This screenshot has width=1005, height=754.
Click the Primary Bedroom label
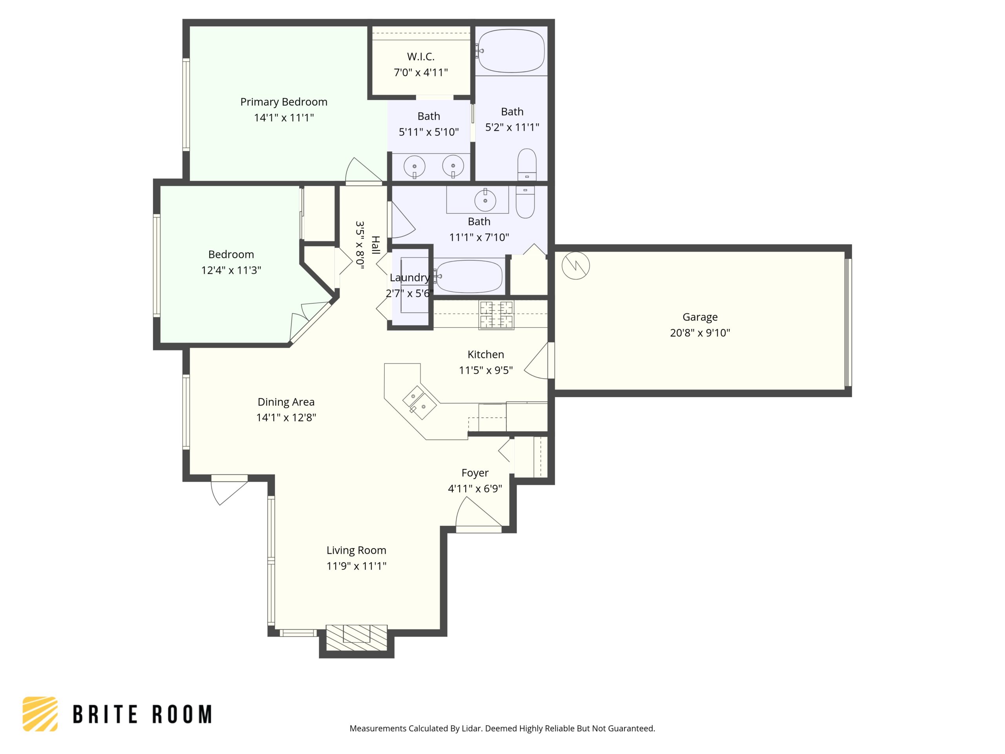[283, 102]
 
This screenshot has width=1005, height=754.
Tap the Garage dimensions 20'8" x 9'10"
[700, 333]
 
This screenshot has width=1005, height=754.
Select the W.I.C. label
[421, 57]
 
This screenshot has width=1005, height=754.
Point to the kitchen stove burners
[497, 315]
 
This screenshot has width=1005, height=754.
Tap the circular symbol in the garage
[576, 265]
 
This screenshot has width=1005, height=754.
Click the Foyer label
[475, 473]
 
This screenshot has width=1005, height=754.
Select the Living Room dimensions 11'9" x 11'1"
[356, 566]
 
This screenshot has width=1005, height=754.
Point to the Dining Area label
[286, 402]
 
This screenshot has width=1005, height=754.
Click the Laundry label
[409, 278]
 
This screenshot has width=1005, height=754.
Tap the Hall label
[376, 245]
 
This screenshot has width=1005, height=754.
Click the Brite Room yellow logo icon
[40, 714]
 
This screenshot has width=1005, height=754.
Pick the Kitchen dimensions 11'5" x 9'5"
[486, 370]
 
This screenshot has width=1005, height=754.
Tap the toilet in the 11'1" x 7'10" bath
[525, 202]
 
